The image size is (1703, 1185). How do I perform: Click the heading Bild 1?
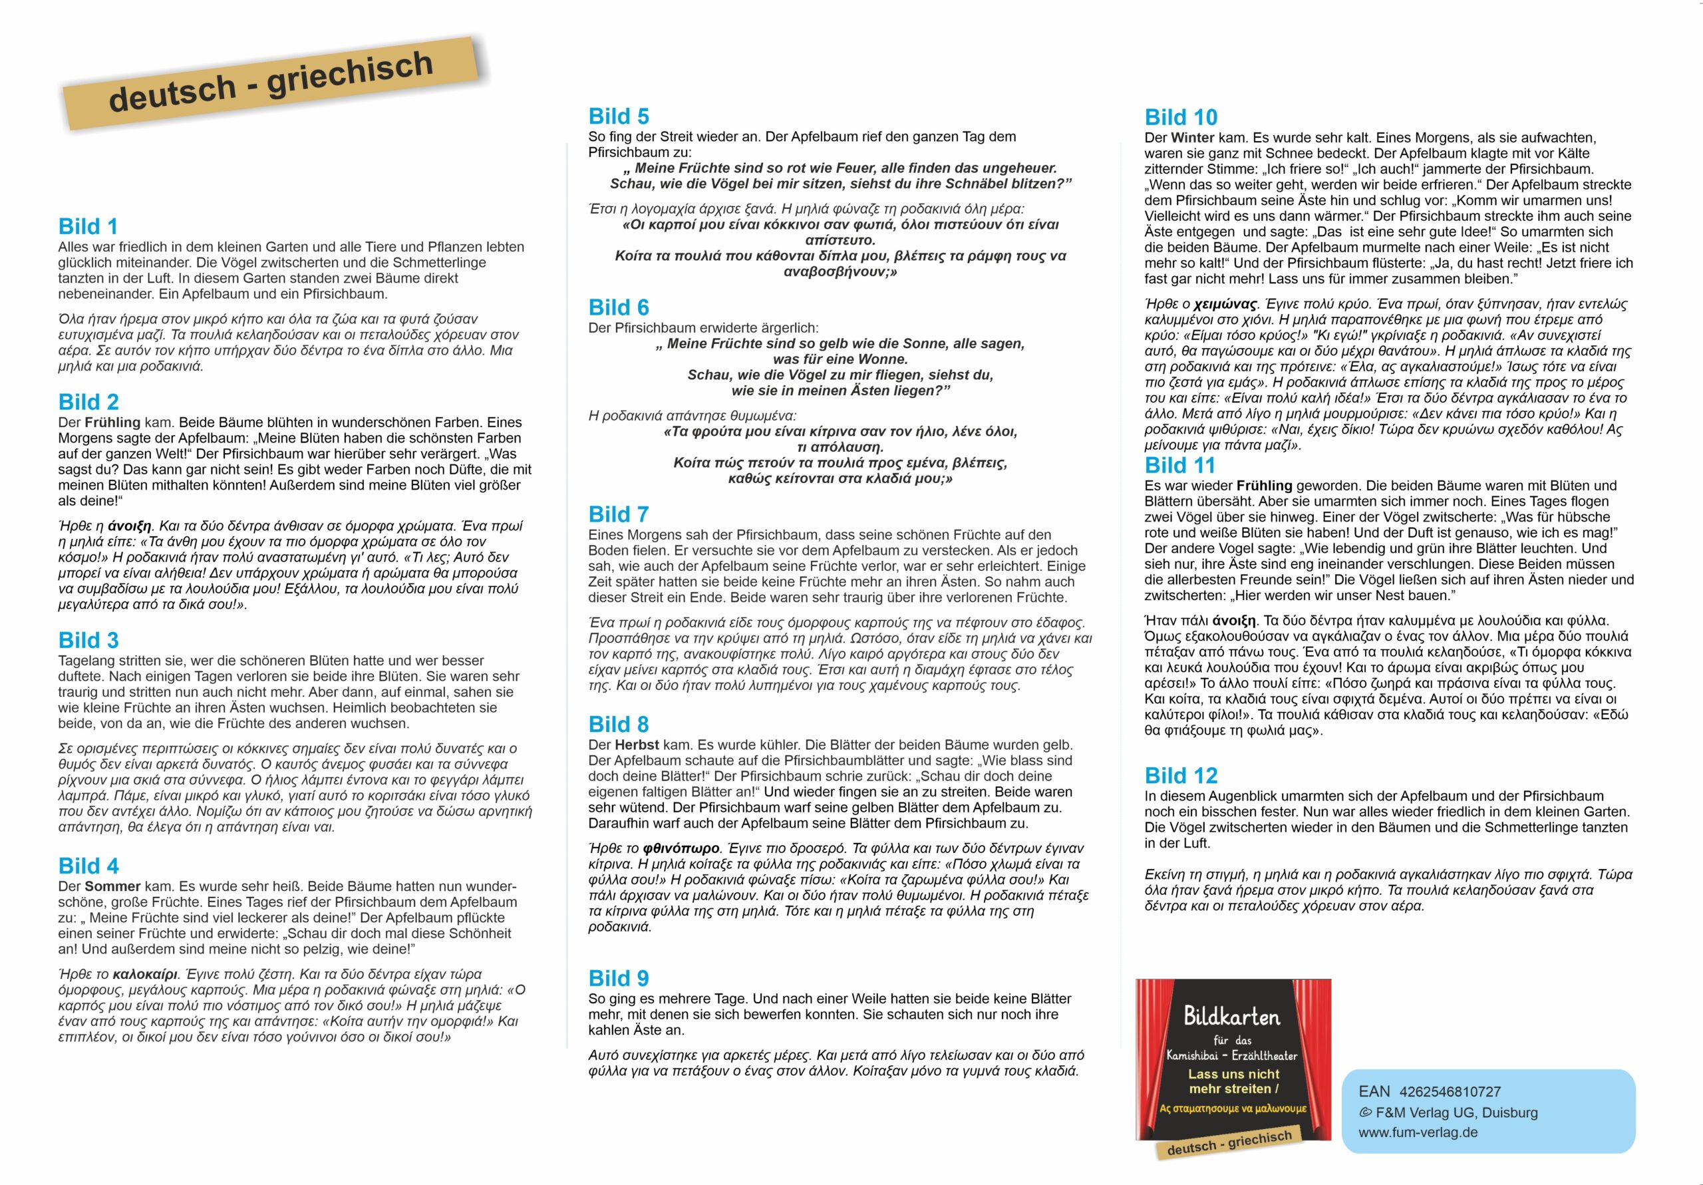pyautogui.click(x=88, y=226)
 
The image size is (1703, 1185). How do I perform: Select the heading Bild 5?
pyautogui.click(x=618, y=116)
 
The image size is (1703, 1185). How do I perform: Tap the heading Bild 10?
pyautogui.click(x=1181, y=117)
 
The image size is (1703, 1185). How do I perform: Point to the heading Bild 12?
pyautogui.click(x=1181, y=775)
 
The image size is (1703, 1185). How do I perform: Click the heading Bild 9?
pyautogui.click(x=618, y=978)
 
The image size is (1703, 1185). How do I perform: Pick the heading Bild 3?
pyautogui.click(x=88, y=640)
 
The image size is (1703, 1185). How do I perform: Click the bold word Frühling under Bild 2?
pyautogui.click(x=112, y=423)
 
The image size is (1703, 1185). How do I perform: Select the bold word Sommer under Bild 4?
pyautogui.click(x=112, y=886)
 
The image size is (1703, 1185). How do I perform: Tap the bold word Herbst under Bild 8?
pyautogui.click(x=637, y=745)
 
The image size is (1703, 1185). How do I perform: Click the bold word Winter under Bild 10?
pyautogui.click(x=1193, y=137)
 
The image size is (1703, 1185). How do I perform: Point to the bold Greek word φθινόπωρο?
pyautogui.click(x=681, y=848)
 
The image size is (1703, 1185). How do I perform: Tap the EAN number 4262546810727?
pyautogui.click(x=1450, y=1091)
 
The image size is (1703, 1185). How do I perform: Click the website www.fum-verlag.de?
pyautogui.click(x=1418, y=1132)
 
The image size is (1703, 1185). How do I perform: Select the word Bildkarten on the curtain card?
pyautogui.click(x=1232, y=1016)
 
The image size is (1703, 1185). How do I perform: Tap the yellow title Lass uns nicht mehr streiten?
pyautogui.click(x=1233, y=1081)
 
